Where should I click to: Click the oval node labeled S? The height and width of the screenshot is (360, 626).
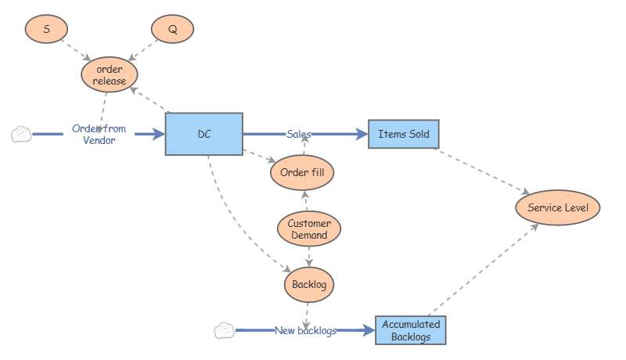46,29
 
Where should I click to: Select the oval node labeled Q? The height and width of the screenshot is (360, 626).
172,29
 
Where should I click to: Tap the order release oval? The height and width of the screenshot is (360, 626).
110,75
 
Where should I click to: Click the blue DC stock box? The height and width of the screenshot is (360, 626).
203,134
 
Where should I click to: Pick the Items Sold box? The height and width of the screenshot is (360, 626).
404,134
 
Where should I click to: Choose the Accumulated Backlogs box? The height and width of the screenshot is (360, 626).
411,330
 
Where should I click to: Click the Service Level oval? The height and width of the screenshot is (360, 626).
558,207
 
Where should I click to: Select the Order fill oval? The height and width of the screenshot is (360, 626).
302,172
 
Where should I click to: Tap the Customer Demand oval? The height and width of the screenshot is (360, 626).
309,229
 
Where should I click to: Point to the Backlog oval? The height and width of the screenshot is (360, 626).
309,283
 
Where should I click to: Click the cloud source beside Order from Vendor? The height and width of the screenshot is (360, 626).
21,135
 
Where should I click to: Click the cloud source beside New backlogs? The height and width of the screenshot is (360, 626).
224,331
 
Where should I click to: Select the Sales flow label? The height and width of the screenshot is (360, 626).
299,134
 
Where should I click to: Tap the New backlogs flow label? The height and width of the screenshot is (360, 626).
305,331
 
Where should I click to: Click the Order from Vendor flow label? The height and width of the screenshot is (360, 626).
99,135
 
